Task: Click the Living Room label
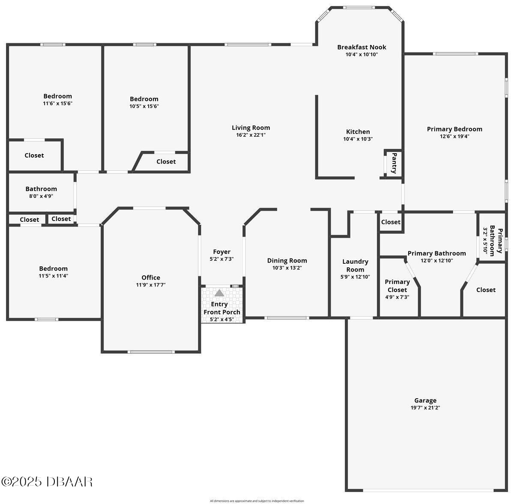coord(251,128)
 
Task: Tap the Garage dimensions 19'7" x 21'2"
coord(425,408)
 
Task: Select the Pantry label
coord(394,163)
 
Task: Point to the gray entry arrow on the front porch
coord(219,293)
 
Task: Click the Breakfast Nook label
coord(362,47)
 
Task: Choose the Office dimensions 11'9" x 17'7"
coord(151,285)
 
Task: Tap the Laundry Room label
coord(355,265)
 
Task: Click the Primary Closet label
coord(397,286)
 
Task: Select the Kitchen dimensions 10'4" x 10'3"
coord(358,139)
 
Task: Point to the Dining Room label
coord(287,260)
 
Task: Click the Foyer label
coord(221,252)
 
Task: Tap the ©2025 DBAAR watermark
coord(47,481)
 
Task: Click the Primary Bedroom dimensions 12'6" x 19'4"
coord(454,136)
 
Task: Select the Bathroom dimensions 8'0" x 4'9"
coord(41,196)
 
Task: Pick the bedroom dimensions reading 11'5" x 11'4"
coord(54,276)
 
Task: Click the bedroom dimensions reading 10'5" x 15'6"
coord(144,106)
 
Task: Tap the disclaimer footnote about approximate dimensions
coord(257,501)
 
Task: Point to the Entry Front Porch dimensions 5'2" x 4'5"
coord(221,319)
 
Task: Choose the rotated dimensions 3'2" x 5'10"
coord(485,241)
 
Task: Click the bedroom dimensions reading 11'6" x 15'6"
coord(58,104)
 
